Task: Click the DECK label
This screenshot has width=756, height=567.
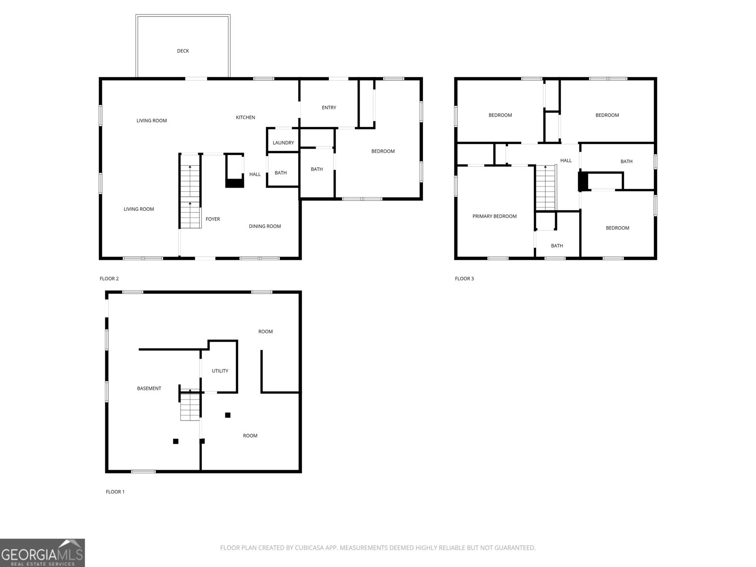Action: (x=183, y=51)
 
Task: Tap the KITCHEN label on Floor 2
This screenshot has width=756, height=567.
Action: (x=245, y=118)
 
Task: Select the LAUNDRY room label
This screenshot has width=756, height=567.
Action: (x=283, y=143)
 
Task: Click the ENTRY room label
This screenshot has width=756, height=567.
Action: (x=329, y=108)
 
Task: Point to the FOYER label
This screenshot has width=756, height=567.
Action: (x=213, y=219)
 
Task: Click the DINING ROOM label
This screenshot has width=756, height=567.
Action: (x=265, y=226)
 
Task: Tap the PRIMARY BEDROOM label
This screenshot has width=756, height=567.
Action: (x=494, y=216)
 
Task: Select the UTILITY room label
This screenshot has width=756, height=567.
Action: (x=220, y=371)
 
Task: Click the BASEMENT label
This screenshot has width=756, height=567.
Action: (x=149, y=388)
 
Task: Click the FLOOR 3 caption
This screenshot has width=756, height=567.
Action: (x=464, y=279)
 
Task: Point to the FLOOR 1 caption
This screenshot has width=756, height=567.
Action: (x=115, y=492)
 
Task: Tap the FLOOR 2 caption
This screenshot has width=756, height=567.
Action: (x=109, y=279)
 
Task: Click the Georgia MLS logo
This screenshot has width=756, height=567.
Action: (x=42, y=552)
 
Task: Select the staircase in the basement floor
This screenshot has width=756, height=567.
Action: (x=190, y=406)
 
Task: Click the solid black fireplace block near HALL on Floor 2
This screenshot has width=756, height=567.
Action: (x=234, y=183)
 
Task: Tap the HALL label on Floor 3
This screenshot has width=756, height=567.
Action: (x=566, y=161)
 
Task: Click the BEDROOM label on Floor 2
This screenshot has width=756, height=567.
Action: (x=383, y=151)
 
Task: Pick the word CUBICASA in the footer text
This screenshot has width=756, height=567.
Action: (x=309, y=548)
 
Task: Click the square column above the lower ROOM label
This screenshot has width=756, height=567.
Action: (x=228, y=415)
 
